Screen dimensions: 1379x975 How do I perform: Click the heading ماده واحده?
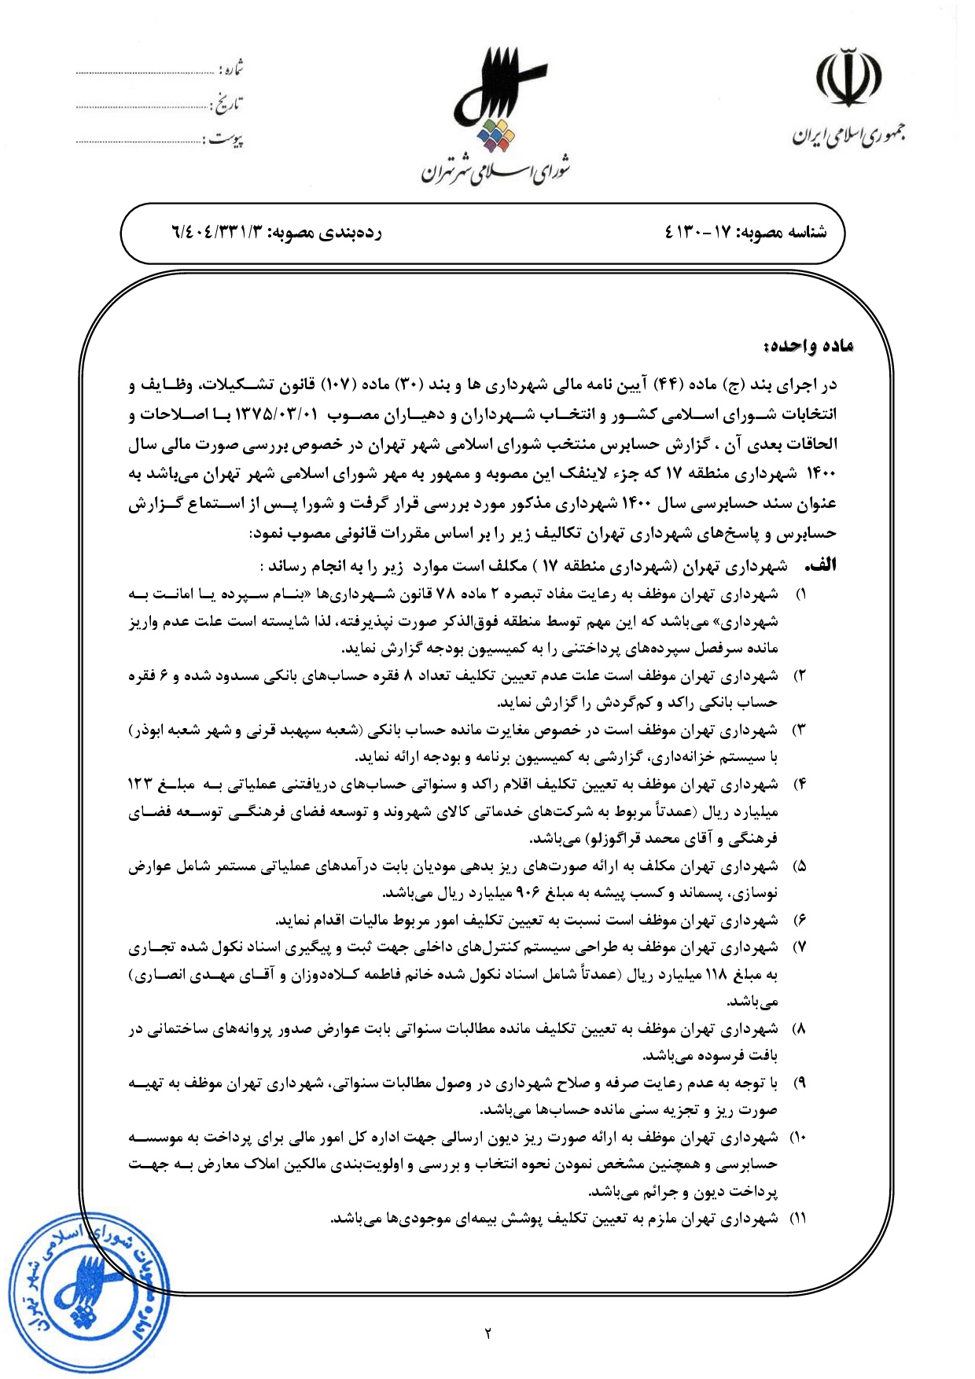coord(808,346)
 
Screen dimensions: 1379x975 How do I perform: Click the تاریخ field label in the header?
coord(228,103)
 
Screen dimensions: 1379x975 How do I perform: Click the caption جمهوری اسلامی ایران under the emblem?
coord(848,135)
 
